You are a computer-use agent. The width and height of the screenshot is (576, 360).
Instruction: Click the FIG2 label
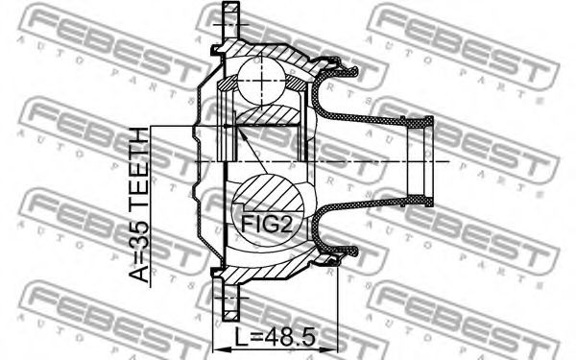pyautogui.click(x=267, y=224)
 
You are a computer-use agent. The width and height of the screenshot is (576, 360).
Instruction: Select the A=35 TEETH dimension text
pyautogui.click(x=139, y=204)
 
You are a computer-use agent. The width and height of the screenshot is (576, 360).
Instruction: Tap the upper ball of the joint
pyautogui.click(x=261, y=80)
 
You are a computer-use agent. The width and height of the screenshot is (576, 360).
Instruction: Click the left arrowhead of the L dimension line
pyautogui.click(x=220, y=348)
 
